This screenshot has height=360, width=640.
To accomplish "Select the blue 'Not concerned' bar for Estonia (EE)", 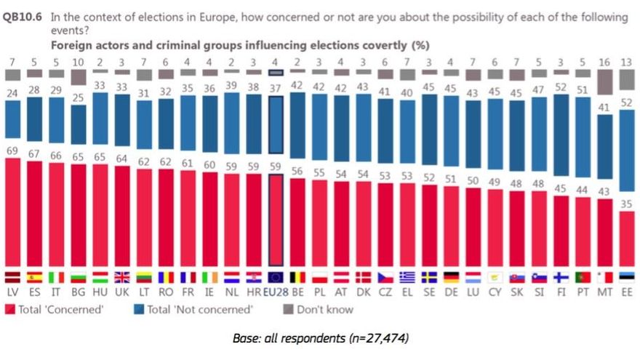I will point(626,150).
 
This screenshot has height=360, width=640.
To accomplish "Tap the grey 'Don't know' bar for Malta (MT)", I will point(604,82).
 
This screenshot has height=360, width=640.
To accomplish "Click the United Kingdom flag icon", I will point(100,277).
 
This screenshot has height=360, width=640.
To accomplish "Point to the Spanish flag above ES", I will point(35,277).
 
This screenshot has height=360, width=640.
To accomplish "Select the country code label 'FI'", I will point(560,291).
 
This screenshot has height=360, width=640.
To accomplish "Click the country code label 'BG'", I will point(79,291).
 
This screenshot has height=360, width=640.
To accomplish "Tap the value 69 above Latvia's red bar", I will point(12,150).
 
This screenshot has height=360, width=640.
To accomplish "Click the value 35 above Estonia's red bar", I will point(626,204).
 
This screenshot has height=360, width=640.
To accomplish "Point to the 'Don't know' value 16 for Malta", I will point(604,63).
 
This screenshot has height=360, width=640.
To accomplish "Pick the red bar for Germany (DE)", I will point(451,226).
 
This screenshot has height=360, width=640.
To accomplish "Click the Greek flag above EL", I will point(407,277).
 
